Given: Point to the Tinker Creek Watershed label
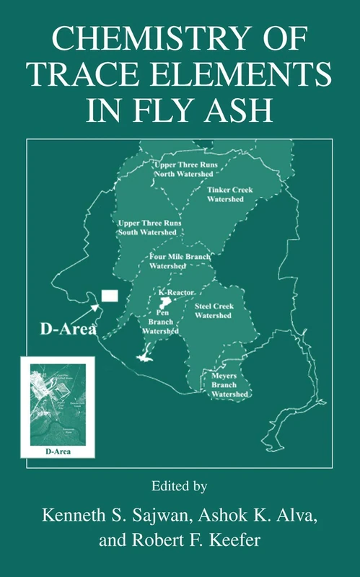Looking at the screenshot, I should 229,193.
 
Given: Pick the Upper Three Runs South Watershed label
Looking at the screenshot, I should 149,229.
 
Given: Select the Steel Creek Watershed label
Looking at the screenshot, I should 214,311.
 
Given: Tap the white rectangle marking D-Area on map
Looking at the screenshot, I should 110,296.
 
